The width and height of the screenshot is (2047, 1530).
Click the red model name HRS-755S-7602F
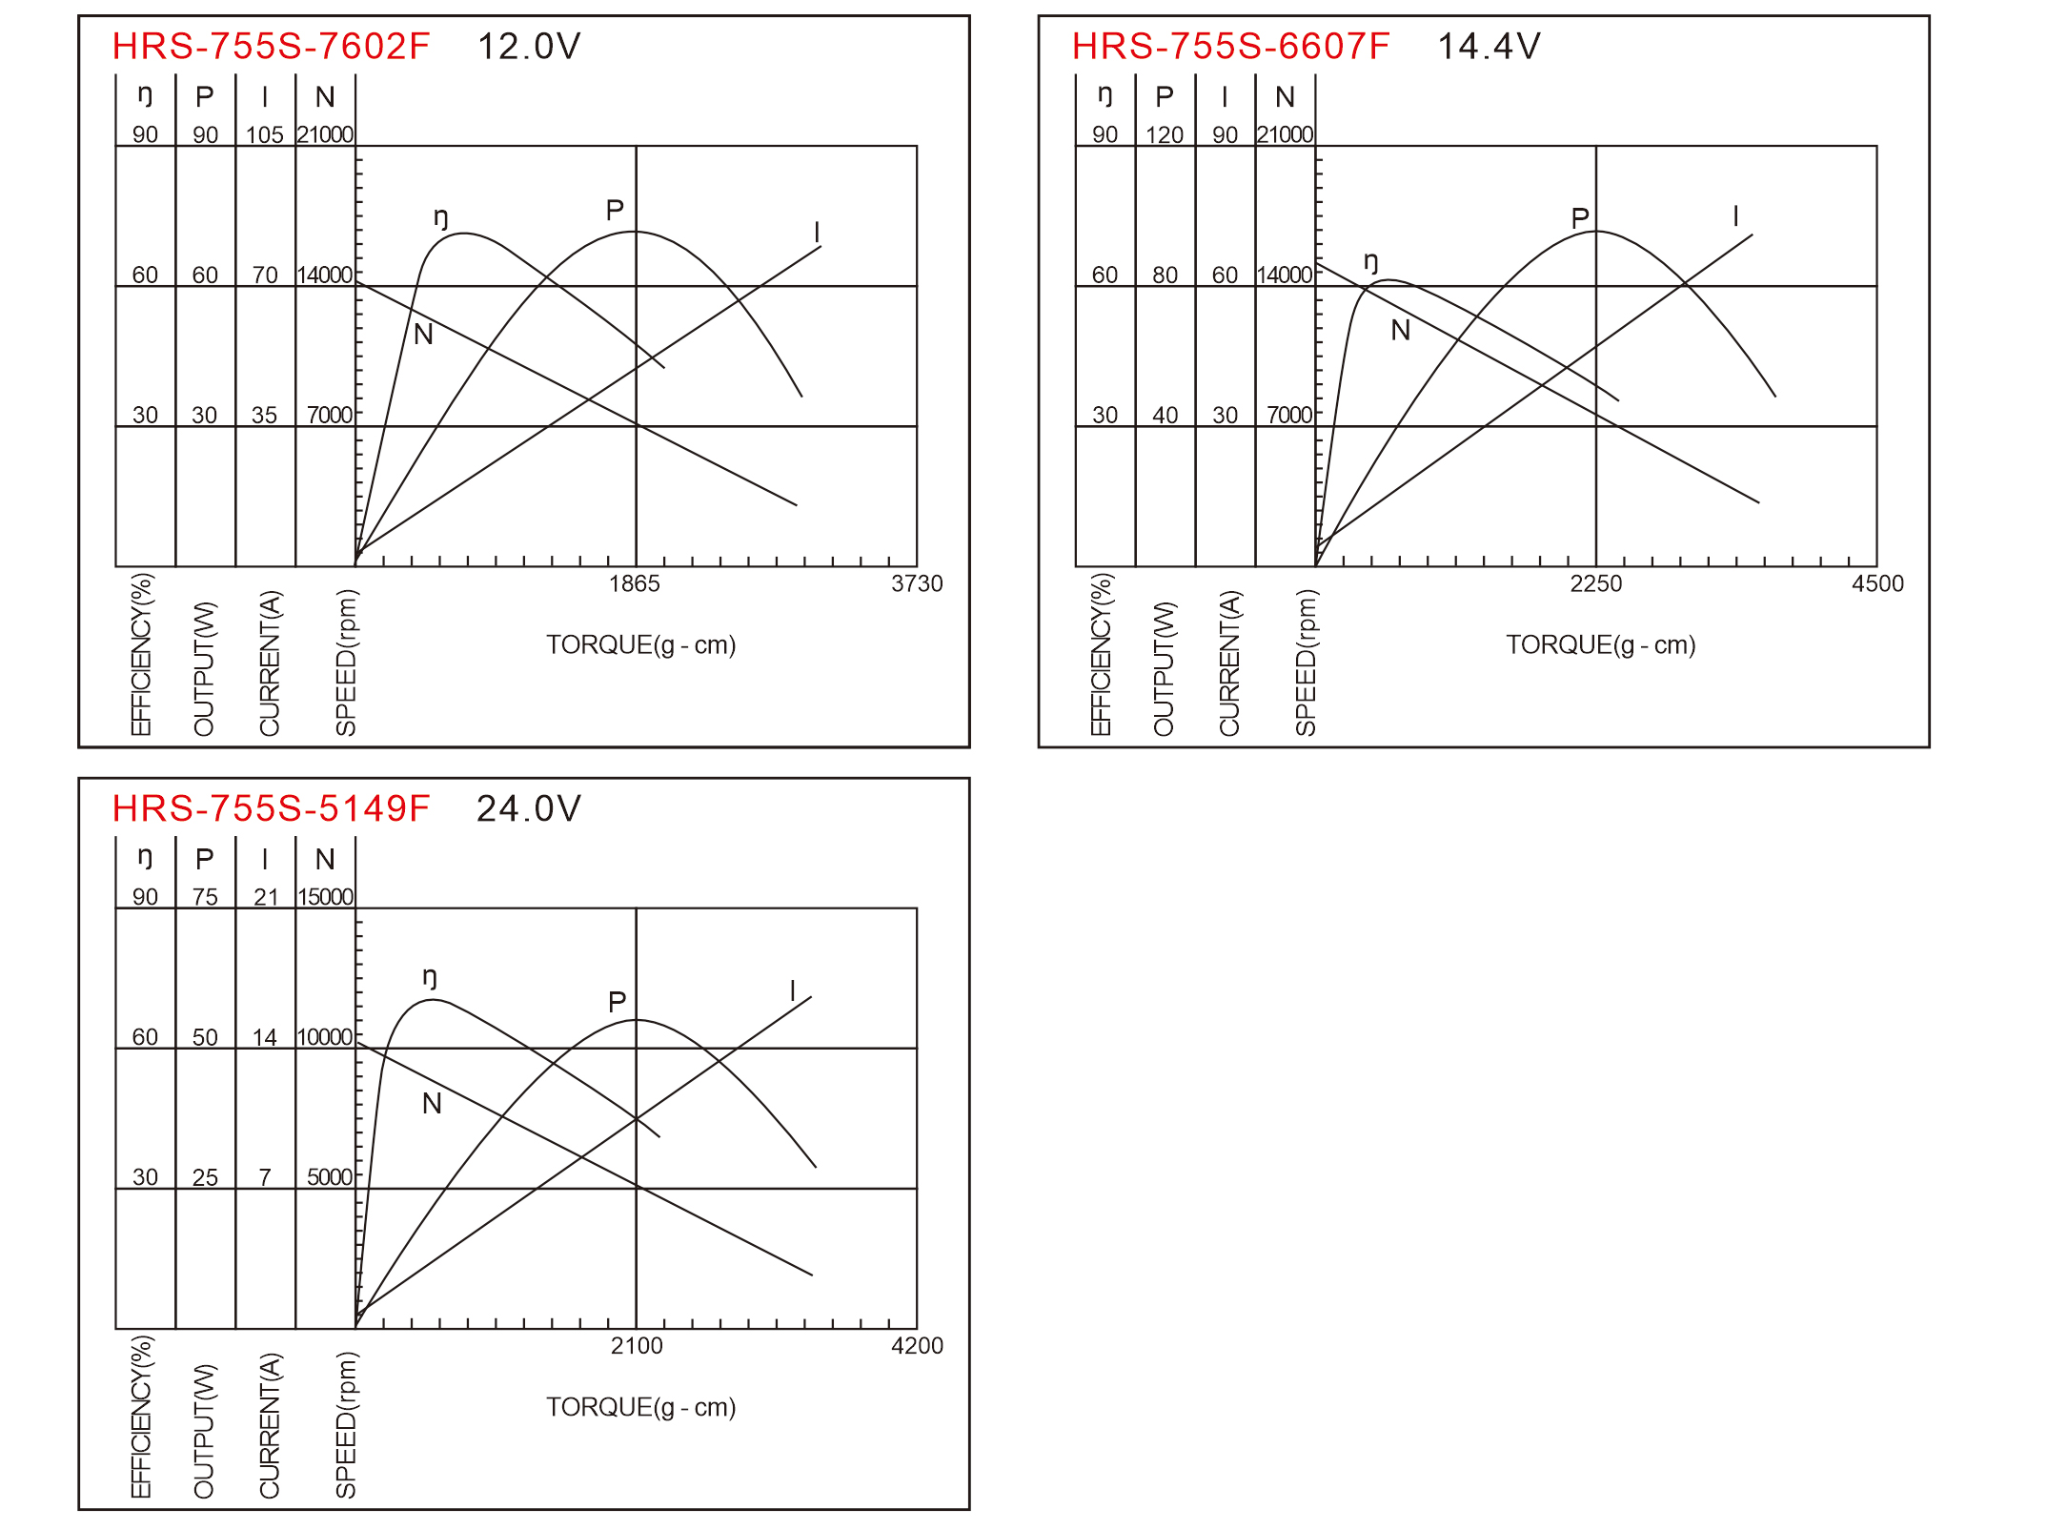(x=271, y=46)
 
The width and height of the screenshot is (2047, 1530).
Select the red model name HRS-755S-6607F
(x=1230, y=46)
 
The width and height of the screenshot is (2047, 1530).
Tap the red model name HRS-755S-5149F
(x=271, y=808)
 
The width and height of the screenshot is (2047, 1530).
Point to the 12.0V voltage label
(x=529, y=46)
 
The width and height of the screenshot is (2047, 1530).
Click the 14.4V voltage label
(x=1489, y=46)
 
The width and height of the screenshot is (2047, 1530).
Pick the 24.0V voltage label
(x=529, y=808)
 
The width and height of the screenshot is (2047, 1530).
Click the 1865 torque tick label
(x=635, y=583)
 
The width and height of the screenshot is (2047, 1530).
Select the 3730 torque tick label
(x=917, y=583)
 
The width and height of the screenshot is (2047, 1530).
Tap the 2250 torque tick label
(x=1596, y=583)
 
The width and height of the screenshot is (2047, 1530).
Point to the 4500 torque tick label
(x=1877, y=583)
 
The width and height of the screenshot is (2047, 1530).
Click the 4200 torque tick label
(x=917, y=1346)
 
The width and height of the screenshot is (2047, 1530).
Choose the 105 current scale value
(x=265, y=134)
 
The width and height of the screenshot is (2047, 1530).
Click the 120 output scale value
(x=1165, y=134)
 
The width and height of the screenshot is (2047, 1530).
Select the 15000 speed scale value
(x=325, y=897)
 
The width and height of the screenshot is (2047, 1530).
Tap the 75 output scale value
(x=205, y=897)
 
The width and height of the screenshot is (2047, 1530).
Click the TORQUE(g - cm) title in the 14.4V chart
(x=1601, y=645)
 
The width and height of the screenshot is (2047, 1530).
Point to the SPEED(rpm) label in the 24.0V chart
(x=346, y=1424)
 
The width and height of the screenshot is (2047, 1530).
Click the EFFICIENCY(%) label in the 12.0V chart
(x=141, y=654)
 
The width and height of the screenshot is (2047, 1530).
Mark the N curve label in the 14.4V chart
(x=1400, y=331)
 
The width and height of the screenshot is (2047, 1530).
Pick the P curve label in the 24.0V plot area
(x=617, y=1002)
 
